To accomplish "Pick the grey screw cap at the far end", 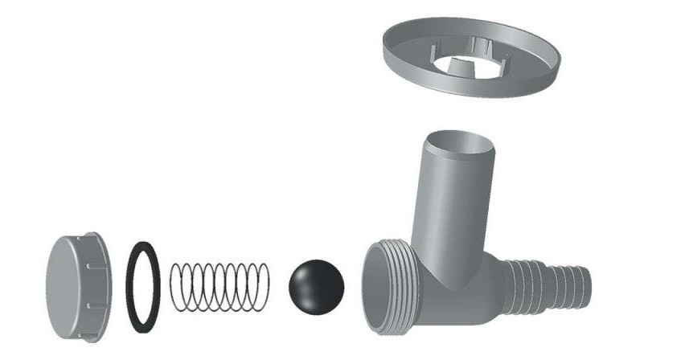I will pyautogui.click(x=76, y=286).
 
